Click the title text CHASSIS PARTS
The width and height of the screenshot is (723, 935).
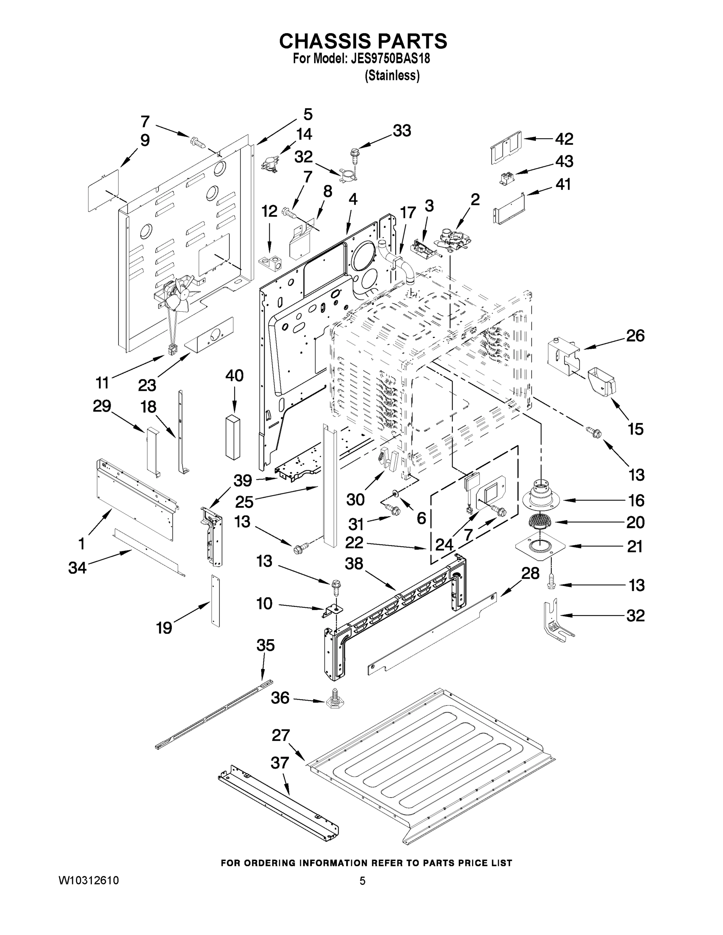tap(363, 41)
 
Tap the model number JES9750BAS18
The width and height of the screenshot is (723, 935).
tap(390, 59)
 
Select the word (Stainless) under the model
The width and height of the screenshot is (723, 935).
tap(391, 76)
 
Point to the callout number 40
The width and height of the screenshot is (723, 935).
tap(234, 376)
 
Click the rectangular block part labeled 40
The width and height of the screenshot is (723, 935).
tap(233, 437)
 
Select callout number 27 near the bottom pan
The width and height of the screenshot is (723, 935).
tap(281, 736)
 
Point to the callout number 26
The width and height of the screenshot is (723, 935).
tap(635, 336)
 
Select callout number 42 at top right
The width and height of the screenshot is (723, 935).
tap(564, 139)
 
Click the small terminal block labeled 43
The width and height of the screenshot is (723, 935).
tap(506, 177)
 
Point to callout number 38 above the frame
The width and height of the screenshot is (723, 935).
tap(354, 564)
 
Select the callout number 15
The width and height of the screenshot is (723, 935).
tap(635, 429)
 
